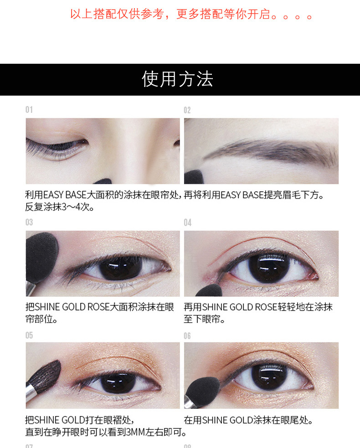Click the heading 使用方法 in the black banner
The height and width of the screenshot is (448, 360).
coord(178,79)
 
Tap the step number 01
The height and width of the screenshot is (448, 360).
coord(29,110)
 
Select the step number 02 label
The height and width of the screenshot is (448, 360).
coord(187,110)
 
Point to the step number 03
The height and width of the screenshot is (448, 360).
coord(29,222)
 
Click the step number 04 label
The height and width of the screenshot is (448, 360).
coord(188,223)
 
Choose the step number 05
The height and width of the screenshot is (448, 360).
coord(29,335)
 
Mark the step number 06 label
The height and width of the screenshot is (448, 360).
coord(187,336)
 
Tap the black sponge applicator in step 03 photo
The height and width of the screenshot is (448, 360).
coord(41,257)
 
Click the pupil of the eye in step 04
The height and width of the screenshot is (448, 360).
coord(269,268)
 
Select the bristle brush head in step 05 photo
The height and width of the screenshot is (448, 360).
coord(46,376)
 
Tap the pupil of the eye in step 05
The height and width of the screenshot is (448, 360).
coord(118,383)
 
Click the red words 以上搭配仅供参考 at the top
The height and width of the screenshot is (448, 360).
coord(117,14)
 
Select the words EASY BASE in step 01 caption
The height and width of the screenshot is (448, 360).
coord(65,195)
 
